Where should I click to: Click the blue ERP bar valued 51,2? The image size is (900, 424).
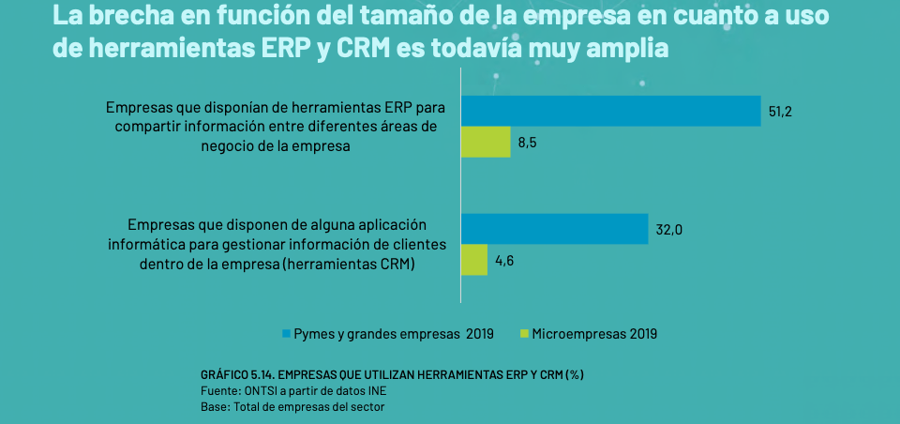[610, 111]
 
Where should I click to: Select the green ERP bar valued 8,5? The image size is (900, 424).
[486, 143]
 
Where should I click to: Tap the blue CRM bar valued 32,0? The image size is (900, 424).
[554, 229]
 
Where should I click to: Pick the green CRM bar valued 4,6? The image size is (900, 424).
[474, 260]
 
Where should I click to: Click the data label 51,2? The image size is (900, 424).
[781, 112]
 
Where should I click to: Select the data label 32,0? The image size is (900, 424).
[668, 229]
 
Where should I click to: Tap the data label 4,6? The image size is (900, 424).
[503, 261]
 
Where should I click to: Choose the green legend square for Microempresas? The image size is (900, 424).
[525, 333]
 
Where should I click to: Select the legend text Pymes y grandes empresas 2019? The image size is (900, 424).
[394, 333]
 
